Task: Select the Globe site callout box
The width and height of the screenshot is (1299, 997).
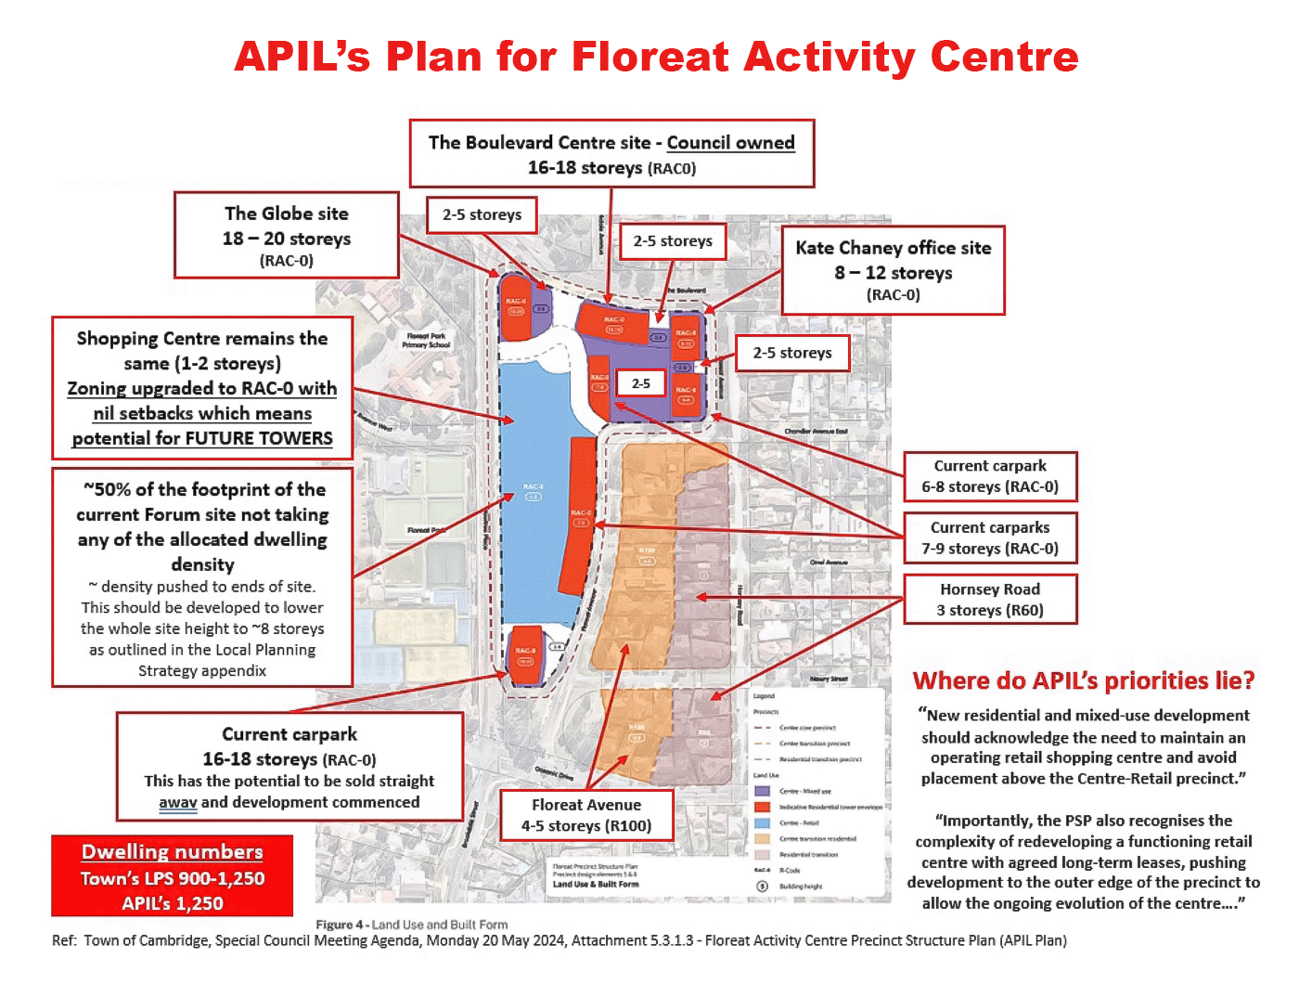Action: tap(287, 236)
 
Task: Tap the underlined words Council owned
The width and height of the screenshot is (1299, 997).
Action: tap(730, 143)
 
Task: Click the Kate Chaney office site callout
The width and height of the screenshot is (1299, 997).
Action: tap(893, 270)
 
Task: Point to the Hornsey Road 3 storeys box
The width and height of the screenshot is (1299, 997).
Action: tap(990, 599)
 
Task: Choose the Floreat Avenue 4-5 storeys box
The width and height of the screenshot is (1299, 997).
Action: tap(585, 815)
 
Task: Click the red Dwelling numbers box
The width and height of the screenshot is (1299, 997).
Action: tap(173, 875)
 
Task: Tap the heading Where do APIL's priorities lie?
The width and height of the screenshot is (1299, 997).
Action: tap(1083, 680)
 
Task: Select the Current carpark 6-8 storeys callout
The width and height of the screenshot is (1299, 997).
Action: tap(990, 476)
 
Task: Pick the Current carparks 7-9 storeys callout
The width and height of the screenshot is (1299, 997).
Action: tap(990, 537)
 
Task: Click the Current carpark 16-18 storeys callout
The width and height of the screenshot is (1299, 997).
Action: tap(289, 767)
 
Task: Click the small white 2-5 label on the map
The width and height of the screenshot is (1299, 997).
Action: tap(641, 383)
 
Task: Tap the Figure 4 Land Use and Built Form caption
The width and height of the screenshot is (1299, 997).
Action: tap(412, 925)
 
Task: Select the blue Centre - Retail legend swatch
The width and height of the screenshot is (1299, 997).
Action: tap(762, 822)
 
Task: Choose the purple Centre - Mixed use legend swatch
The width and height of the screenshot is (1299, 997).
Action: tap(762, 791)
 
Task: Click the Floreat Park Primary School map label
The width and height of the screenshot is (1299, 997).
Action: tap(426, 341)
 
